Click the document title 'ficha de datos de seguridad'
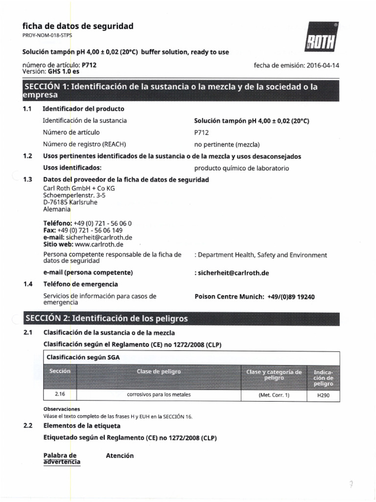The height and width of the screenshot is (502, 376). coord(78,26)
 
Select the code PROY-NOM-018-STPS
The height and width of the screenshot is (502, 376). coord(47,36)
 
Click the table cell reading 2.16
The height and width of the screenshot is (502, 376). coord(60,394)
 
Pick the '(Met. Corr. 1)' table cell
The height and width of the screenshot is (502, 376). coord(274,395)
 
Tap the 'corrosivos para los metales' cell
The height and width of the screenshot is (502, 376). coord(159,394)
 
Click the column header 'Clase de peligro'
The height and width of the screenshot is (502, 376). coord(159,372)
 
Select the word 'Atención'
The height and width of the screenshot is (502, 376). coord(119,455)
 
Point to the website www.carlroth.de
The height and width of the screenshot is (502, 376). coord(99,244)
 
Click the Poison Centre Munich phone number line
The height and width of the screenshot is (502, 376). coord(255,297)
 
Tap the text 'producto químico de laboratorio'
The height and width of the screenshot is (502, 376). coord(241,168)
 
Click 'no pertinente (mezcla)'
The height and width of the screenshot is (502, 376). coord(227,145)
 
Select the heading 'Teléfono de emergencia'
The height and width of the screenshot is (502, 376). coord(81,284)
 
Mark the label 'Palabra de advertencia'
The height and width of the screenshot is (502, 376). coord(62,458)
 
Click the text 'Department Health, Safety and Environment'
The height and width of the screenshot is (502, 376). coord(262,255)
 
